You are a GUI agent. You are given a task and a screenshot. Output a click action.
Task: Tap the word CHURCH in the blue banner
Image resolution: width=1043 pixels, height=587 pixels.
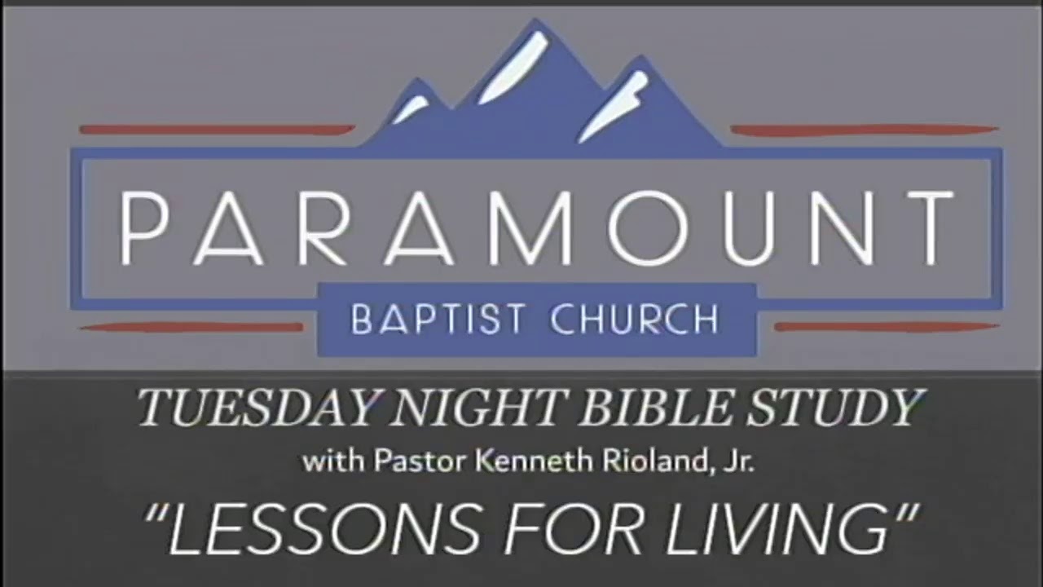click(634, 320)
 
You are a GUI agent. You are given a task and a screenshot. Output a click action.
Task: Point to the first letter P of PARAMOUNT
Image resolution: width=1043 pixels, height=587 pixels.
click(147, 228)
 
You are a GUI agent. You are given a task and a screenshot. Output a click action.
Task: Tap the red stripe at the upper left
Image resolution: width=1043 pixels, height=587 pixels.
click(217, 129)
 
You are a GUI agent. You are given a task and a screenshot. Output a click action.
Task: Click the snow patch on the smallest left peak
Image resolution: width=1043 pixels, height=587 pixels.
click(411, 108)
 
